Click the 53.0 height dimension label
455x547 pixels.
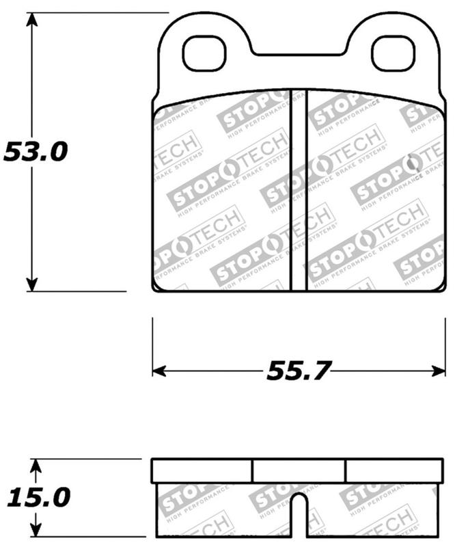tap(36, 152)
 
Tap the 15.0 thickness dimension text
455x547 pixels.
tap(38, 497)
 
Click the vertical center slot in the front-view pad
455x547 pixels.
tap(299, 190)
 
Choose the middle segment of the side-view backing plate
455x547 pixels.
tap(299, 470)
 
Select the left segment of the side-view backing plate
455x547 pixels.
tap(202, 470)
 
